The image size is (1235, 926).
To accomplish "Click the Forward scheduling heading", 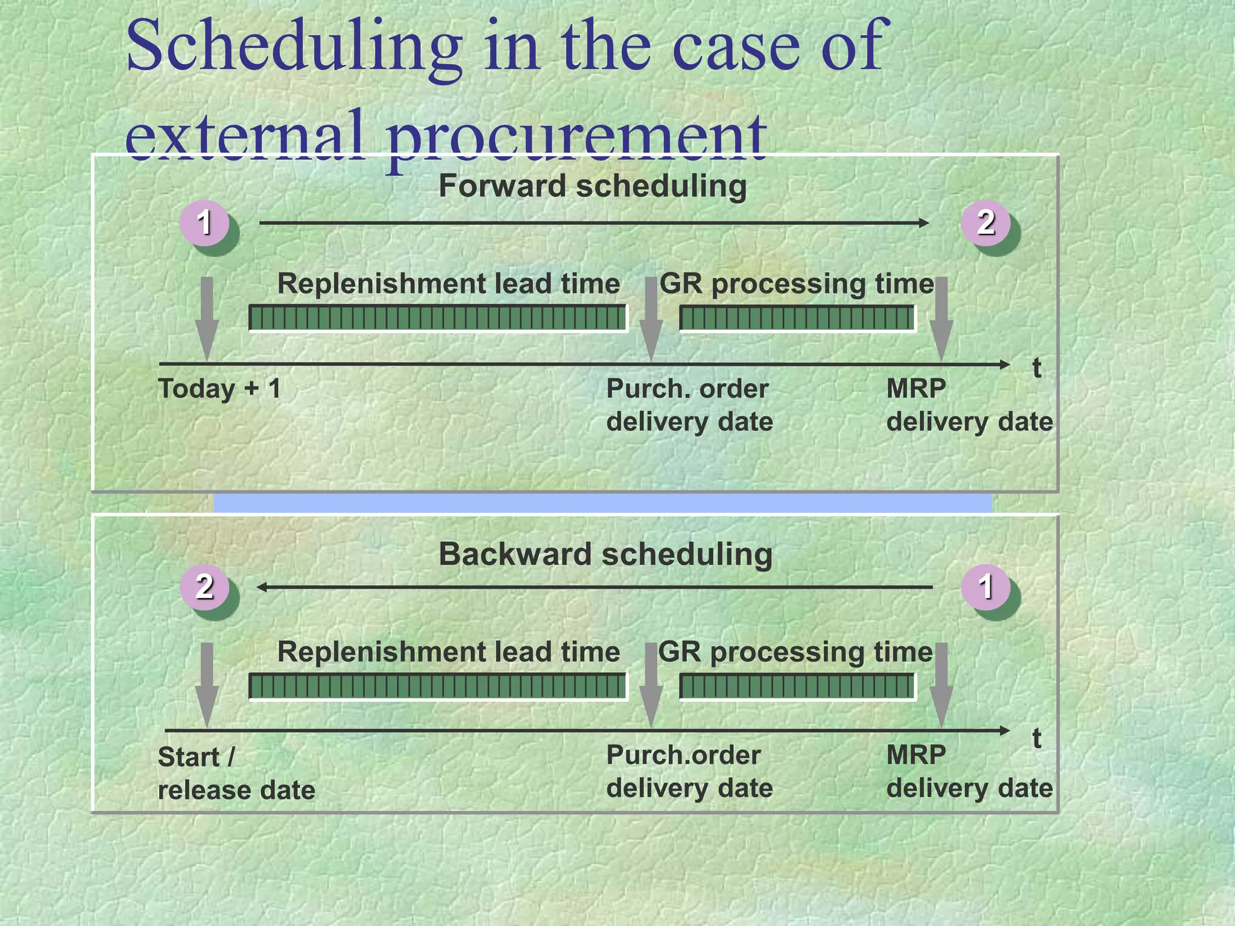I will click(x=592, y=186).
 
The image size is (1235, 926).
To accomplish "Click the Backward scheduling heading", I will click(x=605, y=554).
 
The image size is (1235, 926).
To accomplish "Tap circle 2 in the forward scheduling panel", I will click(x=985, y=222).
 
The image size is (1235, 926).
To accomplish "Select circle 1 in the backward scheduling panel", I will click(x=985, y=587).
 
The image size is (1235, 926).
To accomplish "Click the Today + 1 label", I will click(x=220, y=389).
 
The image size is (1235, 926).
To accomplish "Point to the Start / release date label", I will click(x=236, y=773).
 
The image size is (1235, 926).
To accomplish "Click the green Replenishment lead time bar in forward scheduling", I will click(x=438, y=318).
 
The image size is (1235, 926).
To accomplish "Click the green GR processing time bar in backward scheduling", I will click(x=797, y=686).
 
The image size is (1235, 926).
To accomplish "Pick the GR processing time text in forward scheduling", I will click(x=796, y=283).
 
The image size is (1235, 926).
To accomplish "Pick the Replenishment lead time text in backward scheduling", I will click(x=448, y=652).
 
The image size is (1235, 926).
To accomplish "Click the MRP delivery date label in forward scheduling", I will click(x=968, y=405).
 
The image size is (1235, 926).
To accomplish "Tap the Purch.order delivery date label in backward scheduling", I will click(x=689, y=772).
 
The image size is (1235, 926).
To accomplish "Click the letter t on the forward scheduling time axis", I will click(x=1036, y=368).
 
